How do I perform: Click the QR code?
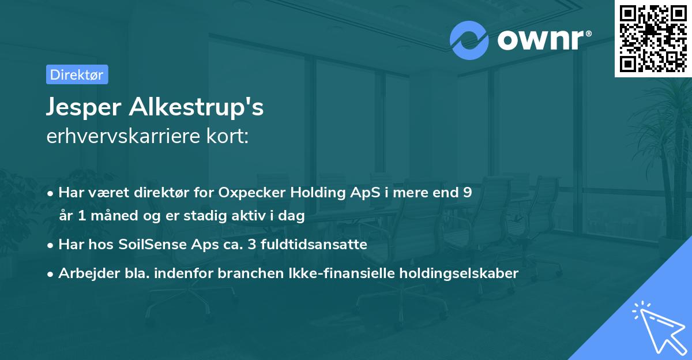[x=653, y=38]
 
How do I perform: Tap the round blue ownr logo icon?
[x=469, y=40]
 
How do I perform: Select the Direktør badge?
[x=77, y=74]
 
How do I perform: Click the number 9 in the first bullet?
[x=467, y=192]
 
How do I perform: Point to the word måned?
[x=116, y=216]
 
